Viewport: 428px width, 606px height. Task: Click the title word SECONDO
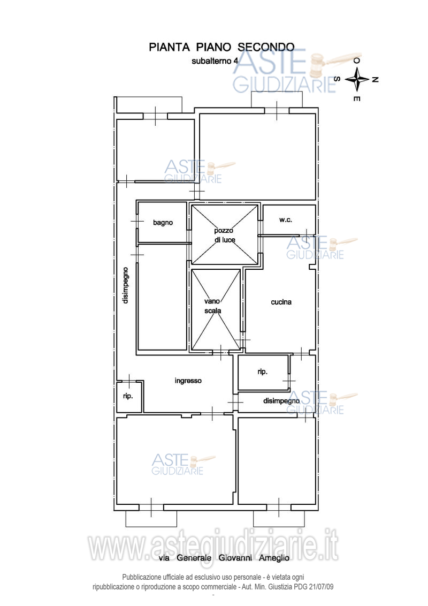coord(266,47)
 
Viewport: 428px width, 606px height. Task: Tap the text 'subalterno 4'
coord(215,61)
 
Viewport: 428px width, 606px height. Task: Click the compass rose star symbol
coord(357,79)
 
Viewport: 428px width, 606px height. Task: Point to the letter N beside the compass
coord(374,80)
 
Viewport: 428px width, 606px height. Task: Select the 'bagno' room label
coord(163,223)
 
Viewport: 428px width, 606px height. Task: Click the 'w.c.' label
coord(286,220)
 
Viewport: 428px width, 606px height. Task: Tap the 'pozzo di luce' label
coord(224,235)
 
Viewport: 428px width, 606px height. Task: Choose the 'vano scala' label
coord(212,306)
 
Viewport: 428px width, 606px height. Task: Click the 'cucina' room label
coord(281,302)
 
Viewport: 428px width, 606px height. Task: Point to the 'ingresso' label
coord(188,381)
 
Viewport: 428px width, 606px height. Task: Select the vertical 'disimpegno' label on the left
coord(126,285)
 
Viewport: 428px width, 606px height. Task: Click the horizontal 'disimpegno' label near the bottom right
coord(281,401)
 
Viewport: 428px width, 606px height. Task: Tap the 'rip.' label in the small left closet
coord(128,396)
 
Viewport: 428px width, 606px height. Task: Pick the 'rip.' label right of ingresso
coord(262,372)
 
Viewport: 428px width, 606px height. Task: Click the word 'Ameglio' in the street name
coord(274,558)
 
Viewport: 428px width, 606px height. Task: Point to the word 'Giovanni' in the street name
coord(235,558)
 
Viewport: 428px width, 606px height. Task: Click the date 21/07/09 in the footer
coord(322,587)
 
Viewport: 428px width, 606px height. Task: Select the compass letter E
coord(357,99)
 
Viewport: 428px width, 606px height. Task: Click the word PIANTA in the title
coord(169,47)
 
